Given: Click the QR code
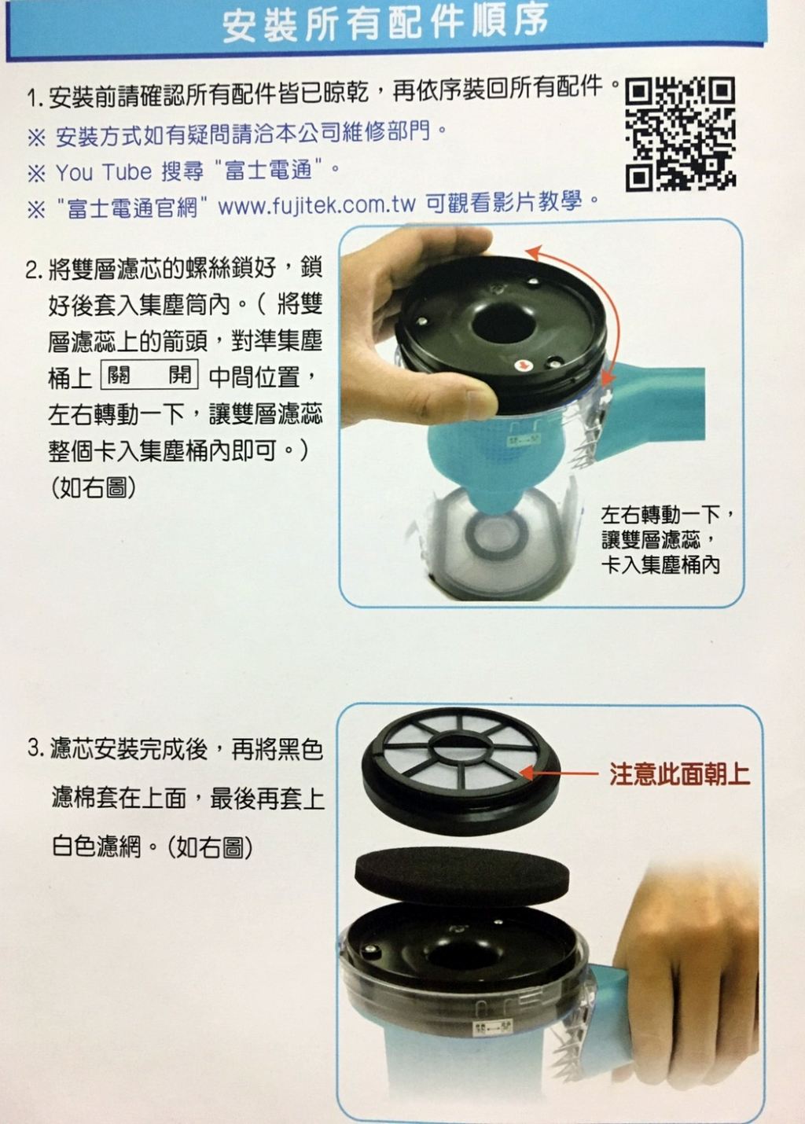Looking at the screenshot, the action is [x=680, y=134].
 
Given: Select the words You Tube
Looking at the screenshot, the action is [x=104, y=172].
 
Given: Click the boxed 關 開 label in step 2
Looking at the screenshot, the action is [x=149, y=374].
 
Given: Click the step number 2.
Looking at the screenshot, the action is [x=32, y=271].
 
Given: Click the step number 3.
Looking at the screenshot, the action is [x=35, y=749].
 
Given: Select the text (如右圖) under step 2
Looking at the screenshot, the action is [x=94, y=487].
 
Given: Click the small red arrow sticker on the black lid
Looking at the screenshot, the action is [x=522, y=366].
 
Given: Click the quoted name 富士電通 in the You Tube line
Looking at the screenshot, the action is [x=267, y=171].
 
